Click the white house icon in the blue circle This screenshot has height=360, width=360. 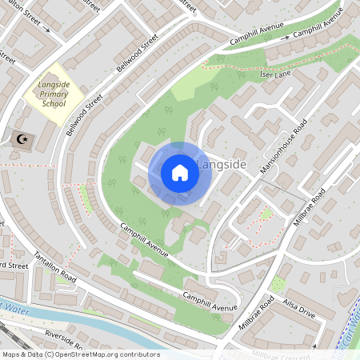(x=179, y=173)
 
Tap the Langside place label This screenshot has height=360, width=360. (x=220, y=166)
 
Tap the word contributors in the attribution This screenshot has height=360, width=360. (x=141, y=354)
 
